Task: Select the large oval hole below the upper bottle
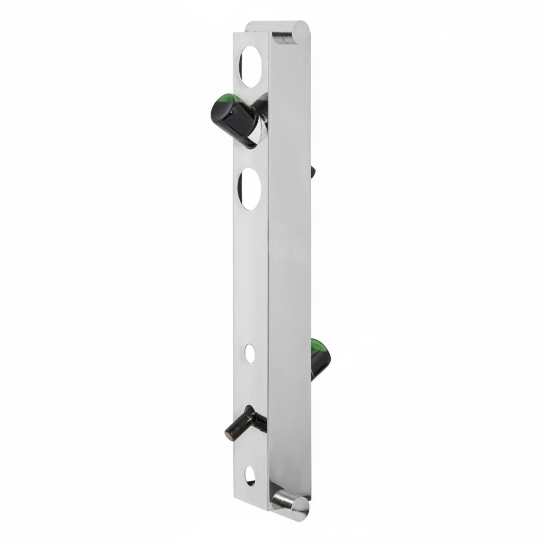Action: point(250,189)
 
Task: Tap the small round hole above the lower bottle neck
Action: point(250,351)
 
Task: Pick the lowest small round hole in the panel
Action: point(250,476)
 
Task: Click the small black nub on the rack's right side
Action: point(313,171)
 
